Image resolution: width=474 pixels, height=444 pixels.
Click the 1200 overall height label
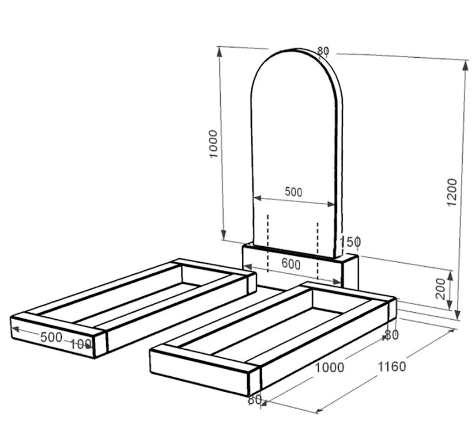tap(452, 192)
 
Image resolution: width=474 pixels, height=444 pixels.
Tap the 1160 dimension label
tap(392, 367)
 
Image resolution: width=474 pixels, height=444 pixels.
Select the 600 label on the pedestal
tap(291, 264)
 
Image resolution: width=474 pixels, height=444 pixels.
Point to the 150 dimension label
tap(350, 241)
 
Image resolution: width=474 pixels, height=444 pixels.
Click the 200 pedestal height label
tap(442, 289)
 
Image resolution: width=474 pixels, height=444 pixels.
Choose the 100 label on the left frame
tap(81, 344)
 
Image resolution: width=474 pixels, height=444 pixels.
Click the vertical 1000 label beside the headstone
tap(213, 144)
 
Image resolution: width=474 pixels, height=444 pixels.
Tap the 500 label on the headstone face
tap(293, 192)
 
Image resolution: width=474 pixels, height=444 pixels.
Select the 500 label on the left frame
tap(51, 337)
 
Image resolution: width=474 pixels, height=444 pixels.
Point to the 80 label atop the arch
tap(323, 51)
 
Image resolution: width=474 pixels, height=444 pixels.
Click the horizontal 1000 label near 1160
tap(330, 367)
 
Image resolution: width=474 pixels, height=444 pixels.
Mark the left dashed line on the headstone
tap(268, 243)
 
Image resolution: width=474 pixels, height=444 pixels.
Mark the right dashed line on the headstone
tap(317, 251)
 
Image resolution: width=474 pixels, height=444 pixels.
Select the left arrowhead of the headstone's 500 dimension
tap(257, 198)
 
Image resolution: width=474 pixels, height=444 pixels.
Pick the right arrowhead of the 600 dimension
tap(337, 281)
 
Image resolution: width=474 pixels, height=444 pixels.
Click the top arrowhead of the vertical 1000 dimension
tap(220, 52)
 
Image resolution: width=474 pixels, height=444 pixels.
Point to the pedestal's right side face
tap(350, 273)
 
